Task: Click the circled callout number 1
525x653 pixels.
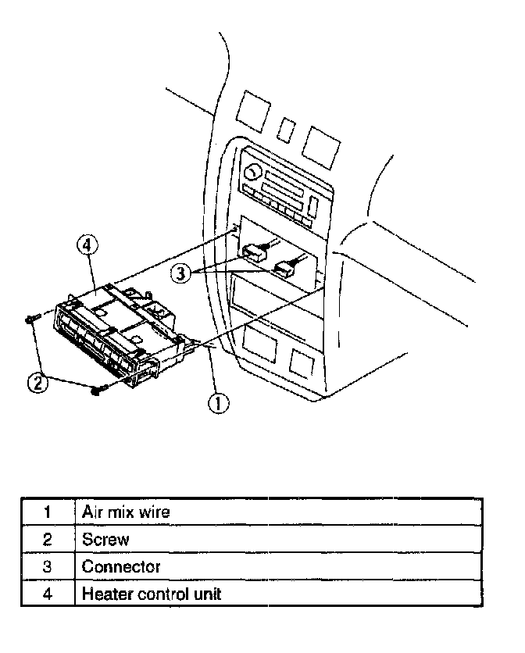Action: tap(219, 402)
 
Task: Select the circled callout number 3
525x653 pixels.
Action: tap(181, 273)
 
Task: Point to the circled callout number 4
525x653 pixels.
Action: tap(88, 245)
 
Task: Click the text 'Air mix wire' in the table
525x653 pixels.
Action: tap(126, 512)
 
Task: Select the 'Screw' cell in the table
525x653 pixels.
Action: tap(105, 539)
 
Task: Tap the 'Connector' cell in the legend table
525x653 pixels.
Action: tap(121, 566)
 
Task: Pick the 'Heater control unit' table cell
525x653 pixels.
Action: tap(152, 594)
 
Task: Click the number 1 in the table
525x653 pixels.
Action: tap(47, 512)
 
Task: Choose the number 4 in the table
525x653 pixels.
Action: tap(47, 594)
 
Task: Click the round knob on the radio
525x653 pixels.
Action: tap(252, 171)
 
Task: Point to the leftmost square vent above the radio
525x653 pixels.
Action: tap(253, 109)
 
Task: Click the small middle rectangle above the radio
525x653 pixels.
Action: tap(287, 129)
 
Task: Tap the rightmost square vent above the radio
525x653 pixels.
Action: tap(320, 142)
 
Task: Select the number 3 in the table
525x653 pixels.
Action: tap(47, 566)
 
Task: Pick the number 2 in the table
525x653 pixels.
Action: tap(47, 539)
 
